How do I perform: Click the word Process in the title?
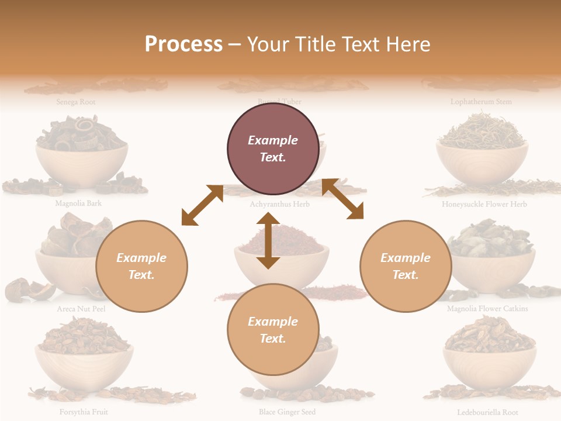[x=183, y=44]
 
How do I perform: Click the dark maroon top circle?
[x=273, y=149]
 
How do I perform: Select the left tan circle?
[x=141, y=267]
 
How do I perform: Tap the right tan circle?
[x=406, y=267]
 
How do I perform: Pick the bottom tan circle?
[x=273, y=330]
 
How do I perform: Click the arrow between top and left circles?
[x=202, y=205]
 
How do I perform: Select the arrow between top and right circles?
[x=343, y=199]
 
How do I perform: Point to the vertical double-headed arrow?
[x=268, y=240]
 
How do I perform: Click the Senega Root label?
[x=76, y=102]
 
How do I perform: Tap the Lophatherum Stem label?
[x=481, y=102]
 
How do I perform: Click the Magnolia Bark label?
[x=78, y=203]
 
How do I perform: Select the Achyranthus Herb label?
[x=280, y=204]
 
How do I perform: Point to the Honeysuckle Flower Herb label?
[x=484, y=204]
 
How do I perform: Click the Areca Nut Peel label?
[x=81, y=308]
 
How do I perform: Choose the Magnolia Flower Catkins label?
[x=487, y=308]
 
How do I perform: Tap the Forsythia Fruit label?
[x=84, y=412]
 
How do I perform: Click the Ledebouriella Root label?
[x=488, y=412]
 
